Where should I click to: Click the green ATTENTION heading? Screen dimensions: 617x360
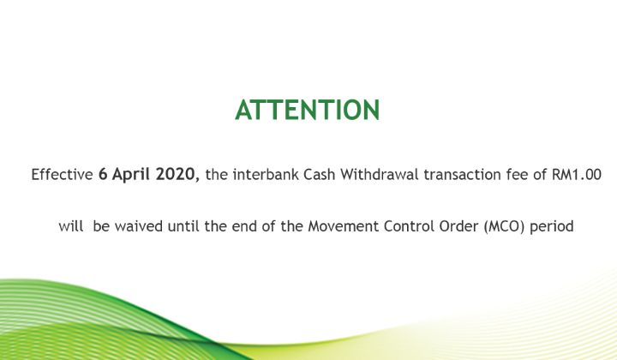point(308,110)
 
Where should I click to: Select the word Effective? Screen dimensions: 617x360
point(63,174)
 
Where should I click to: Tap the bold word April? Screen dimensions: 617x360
point(131,175)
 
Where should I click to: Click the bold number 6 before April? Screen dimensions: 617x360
point(103,174)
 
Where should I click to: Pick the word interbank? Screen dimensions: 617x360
point(266,174)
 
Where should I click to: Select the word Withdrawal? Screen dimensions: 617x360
point(380,174)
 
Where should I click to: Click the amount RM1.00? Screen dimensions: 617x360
point(577,174)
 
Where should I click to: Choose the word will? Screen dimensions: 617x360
point(71,226)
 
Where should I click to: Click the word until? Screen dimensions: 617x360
point(183,226)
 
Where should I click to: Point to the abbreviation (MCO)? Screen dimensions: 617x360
point(505,226)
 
